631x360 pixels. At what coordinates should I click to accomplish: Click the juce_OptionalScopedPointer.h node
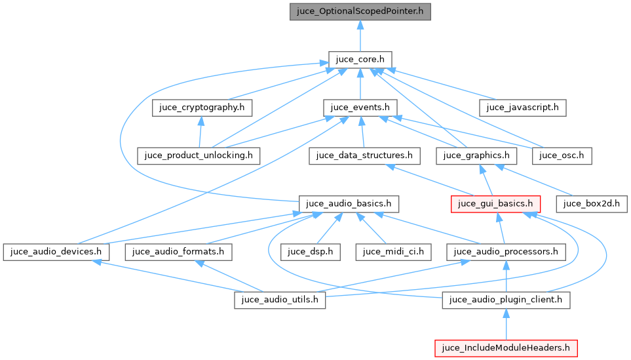(x=360, y=12)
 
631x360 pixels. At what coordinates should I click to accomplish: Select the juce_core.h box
(x=360, y=60)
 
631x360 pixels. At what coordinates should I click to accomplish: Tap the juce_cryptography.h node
(x=202, y=108)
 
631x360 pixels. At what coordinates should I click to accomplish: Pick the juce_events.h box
(x=360, y=108)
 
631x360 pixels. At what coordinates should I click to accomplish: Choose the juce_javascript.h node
(x=522, y=108)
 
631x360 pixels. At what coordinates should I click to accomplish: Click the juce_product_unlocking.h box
(x=199, y=155)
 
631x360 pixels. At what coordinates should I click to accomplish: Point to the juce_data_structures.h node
(x=364, y=155)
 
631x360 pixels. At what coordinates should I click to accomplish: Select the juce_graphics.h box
(x=476, y=155)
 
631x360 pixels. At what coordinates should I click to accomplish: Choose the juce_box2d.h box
(x=592, y=203)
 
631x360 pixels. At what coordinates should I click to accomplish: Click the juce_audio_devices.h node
(x=56, y=251)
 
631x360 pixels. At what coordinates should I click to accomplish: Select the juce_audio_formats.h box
(x=178, y=251)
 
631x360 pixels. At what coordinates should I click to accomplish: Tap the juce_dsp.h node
(x=311, y=251)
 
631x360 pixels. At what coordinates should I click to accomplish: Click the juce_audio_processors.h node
(x=506, y=251)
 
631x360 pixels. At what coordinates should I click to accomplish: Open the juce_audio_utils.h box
(x=280, y=300)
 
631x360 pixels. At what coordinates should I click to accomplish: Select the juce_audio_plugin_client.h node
(x=506, y=300)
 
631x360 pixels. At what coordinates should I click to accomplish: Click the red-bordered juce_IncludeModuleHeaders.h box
(x=506, y=348)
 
